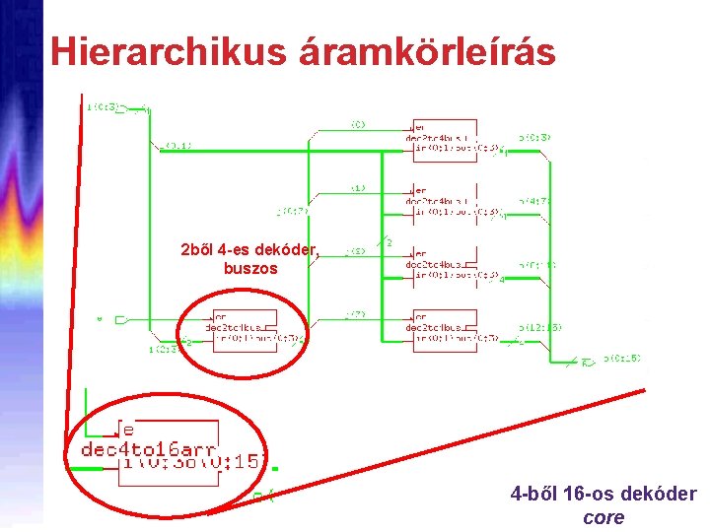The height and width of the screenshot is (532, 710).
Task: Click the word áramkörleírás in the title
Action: point(429,51)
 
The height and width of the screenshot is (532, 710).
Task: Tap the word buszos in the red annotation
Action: point(250,268)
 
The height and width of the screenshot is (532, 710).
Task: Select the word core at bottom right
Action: point(603,517)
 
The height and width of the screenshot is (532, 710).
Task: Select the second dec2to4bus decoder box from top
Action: point(444,202)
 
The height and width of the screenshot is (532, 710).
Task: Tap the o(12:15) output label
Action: point(541,327)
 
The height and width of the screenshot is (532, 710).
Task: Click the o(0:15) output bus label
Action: point(621,359)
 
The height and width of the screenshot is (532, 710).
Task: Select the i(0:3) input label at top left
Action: point(103,105)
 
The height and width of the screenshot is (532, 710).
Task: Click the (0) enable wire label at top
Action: point(357,124)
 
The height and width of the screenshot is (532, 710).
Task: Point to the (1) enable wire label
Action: point(357,187)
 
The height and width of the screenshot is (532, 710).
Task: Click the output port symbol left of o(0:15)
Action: point(588,362)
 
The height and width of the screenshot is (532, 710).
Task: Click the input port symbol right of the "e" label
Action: point(119,319)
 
